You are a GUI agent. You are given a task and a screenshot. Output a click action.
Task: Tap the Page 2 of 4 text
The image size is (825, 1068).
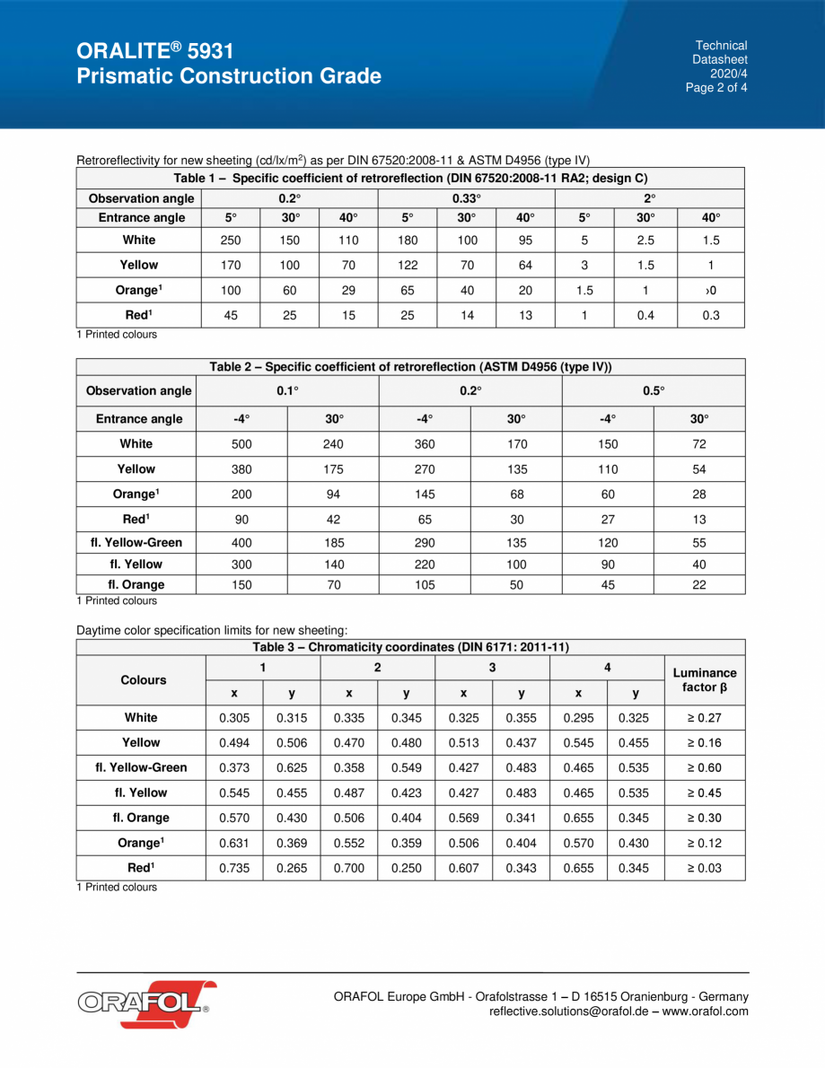coord(716,88)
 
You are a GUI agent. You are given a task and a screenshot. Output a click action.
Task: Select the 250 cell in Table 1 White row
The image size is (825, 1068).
coord(231,241)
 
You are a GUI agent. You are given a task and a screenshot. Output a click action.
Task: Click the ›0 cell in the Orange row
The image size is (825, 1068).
coord(711,291)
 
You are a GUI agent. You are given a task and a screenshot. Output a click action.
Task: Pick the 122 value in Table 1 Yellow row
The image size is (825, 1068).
coord(408,266)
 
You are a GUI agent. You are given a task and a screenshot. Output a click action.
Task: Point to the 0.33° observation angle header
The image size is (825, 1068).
coord(467,198)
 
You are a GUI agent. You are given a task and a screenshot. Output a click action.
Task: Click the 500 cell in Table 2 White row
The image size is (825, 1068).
coord(241,444)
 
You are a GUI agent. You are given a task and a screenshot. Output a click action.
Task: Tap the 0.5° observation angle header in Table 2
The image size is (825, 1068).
coord(653,390)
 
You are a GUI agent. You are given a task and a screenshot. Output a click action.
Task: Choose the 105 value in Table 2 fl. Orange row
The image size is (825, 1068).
coord(425,585)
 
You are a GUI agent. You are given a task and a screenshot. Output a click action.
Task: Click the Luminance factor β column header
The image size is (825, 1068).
coord(705,680)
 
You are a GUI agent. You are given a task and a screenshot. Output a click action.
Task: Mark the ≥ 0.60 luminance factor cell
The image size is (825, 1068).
coord(705,768)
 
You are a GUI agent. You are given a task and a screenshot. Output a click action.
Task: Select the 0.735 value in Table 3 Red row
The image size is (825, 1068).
coord(234,869)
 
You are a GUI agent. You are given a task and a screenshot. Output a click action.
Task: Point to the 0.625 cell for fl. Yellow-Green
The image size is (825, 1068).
coord(292,768)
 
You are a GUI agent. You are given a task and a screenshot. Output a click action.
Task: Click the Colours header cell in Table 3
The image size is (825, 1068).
coord(144,680)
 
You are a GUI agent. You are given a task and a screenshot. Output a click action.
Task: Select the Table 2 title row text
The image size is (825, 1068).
coord(410,367)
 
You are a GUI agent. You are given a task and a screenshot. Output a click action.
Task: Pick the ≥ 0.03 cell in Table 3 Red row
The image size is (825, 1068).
coord(705,869)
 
